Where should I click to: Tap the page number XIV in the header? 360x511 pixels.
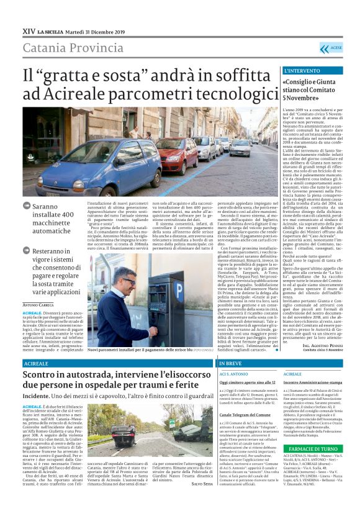click(28, 32)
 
